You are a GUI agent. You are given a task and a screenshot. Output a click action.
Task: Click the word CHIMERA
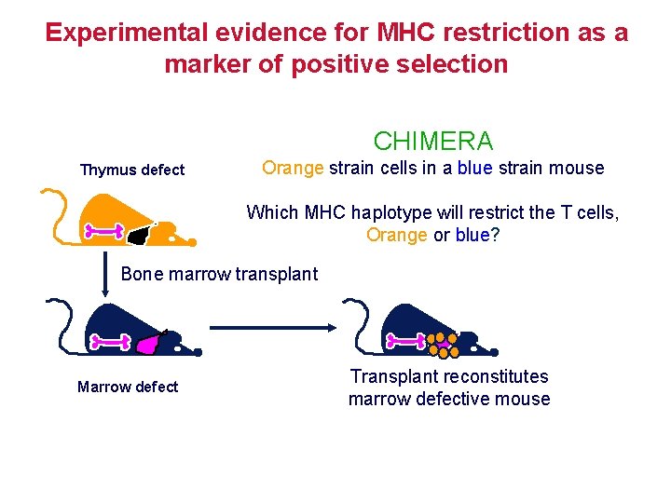pyautogui.click(x=433, y=142)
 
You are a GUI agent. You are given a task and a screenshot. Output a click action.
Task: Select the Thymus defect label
pyautogui.click(x=132, y=170)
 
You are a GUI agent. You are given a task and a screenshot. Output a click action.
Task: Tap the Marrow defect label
pyautogui.click(x=128, y=387)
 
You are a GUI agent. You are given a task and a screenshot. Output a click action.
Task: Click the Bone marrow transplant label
pyautogui.click(x=219, y=274)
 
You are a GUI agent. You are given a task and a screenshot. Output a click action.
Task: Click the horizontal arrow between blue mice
pyautogui.click(x=271, y=327)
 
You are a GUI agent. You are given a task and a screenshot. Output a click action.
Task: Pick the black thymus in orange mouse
pyautogui.click(x=139, y=235)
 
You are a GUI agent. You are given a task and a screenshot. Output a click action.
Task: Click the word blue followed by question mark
pyautogui.click(x=472, y=235)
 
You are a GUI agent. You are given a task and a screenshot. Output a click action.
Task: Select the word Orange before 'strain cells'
pyautogui.click(x=293, y=168)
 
